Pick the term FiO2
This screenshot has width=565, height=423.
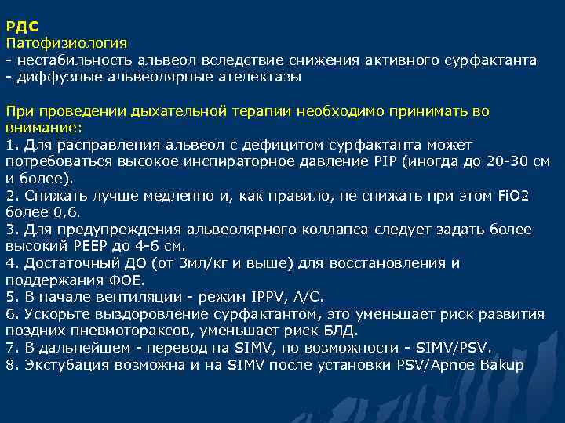click(513, 196)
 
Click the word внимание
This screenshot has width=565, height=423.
click(42, 127)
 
